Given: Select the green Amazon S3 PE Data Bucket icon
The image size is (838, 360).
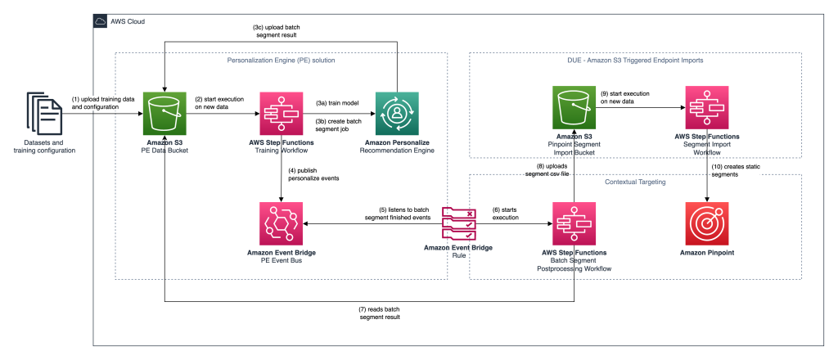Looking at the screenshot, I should tap(165, 114).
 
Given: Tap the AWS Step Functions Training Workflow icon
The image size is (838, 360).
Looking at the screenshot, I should tap(282, 114).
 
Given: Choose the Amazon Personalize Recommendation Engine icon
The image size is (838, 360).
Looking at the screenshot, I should tap(397, 114).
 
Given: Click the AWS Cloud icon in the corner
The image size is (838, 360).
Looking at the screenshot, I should tap(101, 20).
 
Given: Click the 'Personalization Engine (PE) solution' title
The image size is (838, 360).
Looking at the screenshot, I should tap(281, 60).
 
